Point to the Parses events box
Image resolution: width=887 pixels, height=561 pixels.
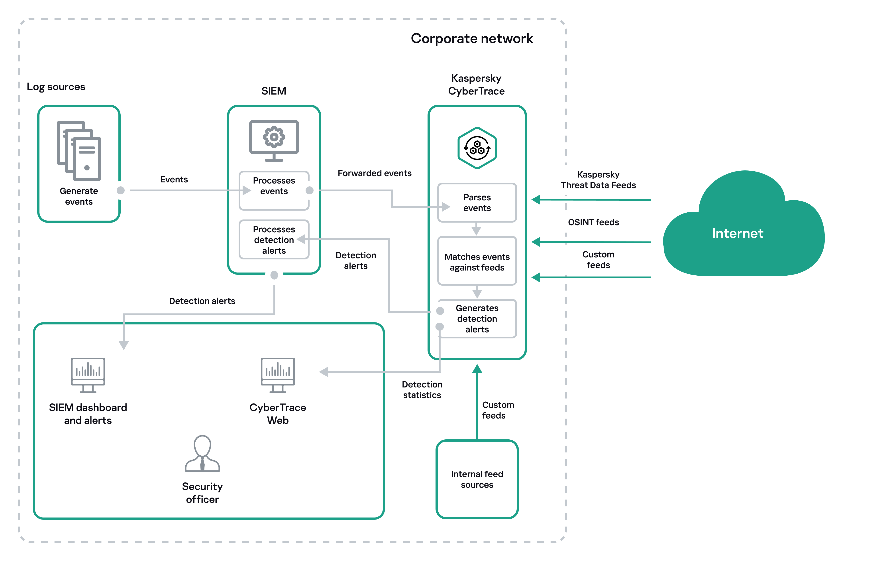tap(477, 203)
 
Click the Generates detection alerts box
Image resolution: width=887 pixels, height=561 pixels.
tap(477, 318)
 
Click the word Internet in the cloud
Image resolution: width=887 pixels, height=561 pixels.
tap(738, 233)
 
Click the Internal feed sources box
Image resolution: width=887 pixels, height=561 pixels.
tap(477, 479)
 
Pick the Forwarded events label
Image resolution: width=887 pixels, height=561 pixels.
tap(374, 173)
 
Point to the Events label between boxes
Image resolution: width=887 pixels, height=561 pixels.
tap(174, 180)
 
